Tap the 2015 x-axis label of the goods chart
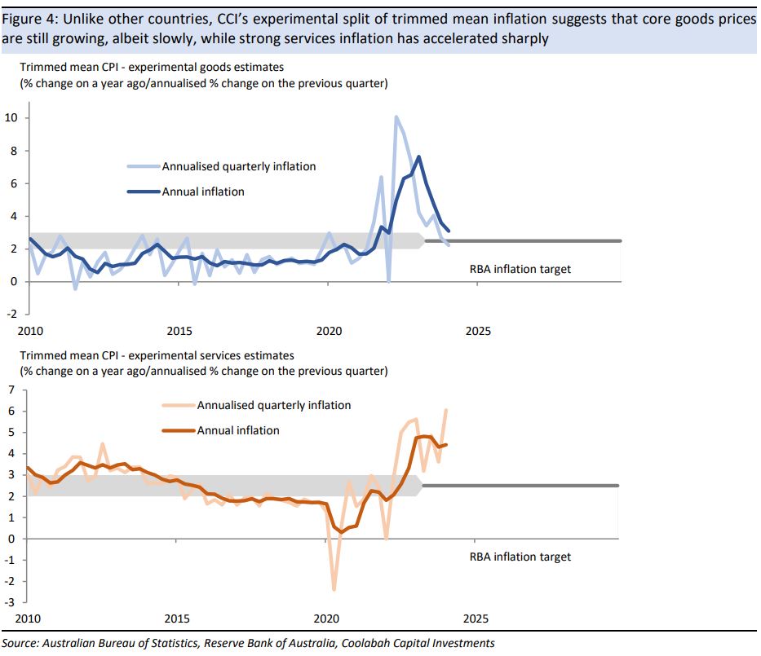pos(179,332)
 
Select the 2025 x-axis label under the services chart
pos(476,619)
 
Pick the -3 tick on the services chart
pos(10,602)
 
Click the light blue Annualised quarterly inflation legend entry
pos(238,166)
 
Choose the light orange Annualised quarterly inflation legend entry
pos(273,405)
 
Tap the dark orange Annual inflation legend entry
pos(238,430)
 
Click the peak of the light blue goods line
pos(396,117)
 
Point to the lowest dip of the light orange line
pos(334,589)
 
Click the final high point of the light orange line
pos(446,410)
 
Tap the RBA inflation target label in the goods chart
pos(520,268)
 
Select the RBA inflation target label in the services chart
pos(520,557)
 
